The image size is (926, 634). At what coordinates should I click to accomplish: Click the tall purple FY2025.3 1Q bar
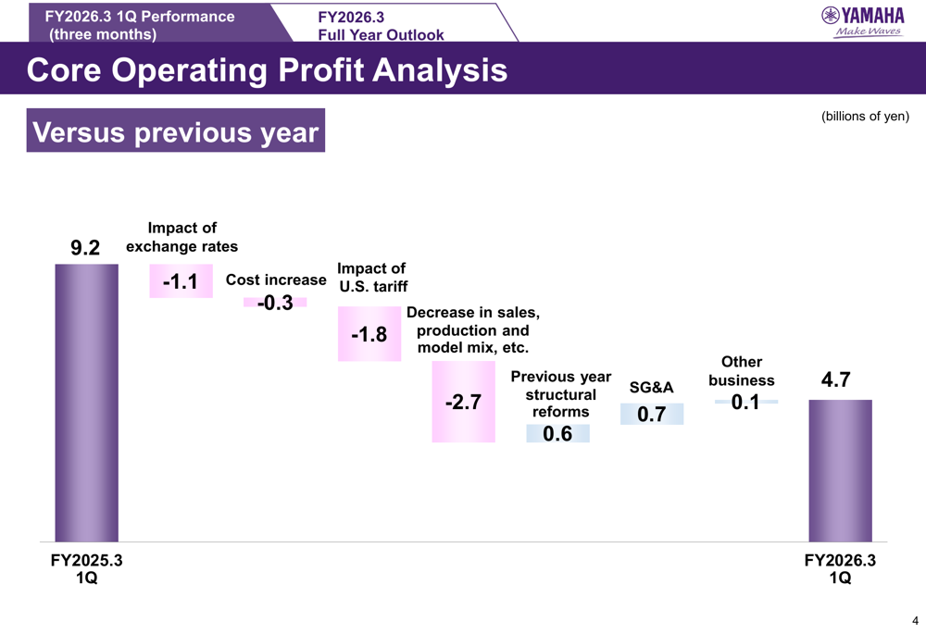pos(86,403)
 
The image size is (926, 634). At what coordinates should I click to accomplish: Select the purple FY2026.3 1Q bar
pos(840,470)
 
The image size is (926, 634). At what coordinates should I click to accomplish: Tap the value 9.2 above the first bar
pos(85,248)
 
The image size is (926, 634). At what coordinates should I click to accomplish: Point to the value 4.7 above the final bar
pos(835,380)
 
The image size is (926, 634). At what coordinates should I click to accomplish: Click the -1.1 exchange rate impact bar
pos(181,281)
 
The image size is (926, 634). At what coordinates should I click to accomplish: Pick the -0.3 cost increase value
pos(275,303)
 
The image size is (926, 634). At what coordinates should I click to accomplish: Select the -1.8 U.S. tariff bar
pos(369,334)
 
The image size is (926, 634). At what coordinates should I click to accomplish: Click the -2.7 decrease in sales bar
pos(463,402)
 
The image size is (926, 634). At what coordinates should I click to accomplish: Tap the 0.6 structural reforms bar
pos(557,433)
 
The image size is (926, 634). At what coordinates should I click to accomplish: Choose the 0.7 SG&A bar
pos(652,414)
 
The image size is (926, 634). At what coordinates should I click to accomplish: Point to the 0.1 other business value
pos(745,402)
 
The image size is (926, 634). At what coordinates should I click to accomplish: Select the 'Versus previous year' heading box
pos(175,132)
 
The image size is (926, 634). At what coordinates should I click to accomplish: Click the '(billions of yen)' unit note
pos(865,117)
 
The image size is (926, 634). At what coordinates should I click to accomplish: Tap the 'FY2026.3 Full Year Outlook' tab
pos(381,26)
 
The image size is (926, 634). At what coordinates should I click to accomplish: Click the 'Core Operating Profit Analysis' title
pos(267,70)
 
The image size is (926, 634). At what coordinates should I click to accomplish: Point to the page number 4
pos(915,620)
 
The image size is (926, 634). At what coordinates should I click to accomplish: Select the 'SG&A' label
pos(651,387)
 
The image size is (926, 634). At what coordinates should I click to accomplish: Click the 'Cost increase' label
pos(276,280)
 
